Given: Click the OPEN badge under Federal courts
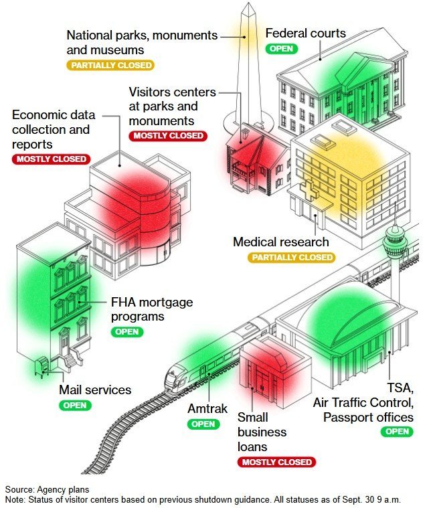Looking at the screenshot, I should click(x=281, y=48).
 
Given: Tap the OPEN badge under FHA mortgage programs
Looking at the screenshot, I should click(x=127, y=331).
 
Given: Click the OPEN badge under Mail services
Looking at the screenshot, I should click(x=75, y=405).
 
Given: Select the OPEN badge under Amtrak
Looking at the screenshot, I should click(x=203, y=424).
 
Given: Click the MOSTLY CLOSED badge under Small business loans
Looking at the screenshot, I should click(x=275, y=462).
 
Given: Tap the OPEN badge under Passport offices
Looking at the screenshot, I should click(x=397, y=432).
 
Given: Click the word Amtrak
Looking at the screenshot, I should click(x=208, y=409).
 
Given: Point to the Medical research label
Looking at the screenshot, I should click(x=281, y=242).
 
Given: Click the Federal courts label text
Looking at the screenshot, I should click(x=305, y=33).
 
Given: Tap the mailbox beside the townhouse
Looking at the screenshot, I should click(x=41, y=365).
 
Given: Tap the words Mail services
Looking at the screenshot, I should click(x=95, y=390).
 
